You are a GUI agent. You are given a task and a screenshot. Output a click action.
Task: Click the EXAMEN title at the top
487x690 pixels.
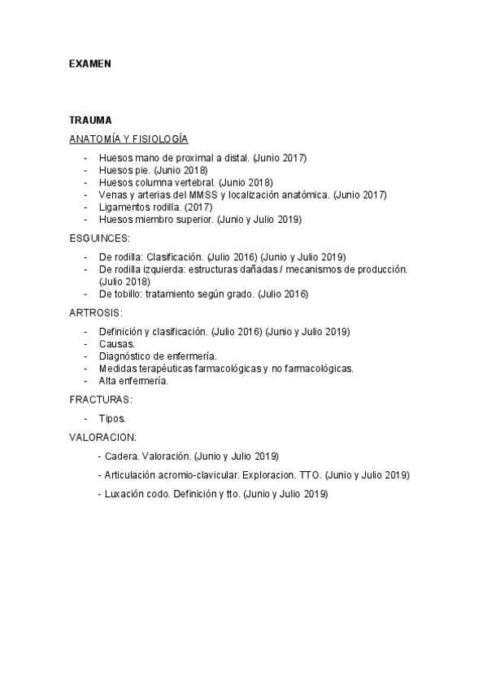[x=89, y=63]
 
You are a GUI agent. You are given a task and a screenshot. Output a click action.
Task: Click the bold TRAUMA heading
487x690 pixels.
[x=90, y=120]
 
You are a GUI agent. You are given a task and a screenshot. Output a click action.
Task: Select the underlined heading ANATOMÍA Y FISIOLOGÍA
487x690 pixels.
[x=128, y=139]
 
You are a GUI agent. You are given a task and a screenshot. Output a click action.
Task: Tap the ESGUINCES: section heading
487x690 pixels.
[x=99, y=238]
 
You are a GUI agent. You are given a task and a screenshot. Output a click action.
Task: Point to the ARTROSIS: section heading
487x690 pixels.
[x=96, y=312]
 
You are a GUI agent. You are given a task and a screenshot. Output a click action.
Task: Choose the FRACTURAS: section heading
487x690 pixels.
[x=101, y=400]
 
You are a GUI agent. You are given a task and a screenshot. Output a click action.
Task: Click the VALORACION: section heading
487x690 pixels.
[x=103, y=437]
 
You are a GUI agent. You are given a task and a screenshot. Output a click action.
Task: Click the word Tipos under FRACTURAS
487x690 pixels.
[x=111, y=418]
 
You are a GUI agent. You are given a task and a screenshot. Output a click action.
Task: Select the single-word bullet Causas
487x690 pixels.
[x=116, y=344]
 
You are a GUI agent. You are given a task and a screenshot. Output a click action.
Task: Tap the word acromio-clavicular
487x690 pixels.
[x=180, y=474]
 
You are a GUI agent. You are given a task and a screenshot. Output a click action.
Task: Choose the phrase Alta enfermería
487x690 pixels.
[x=133, y=381]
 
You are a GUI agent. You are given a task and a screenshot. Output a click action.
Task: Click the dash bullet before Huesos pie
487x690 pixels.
[x=86, y=170]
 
